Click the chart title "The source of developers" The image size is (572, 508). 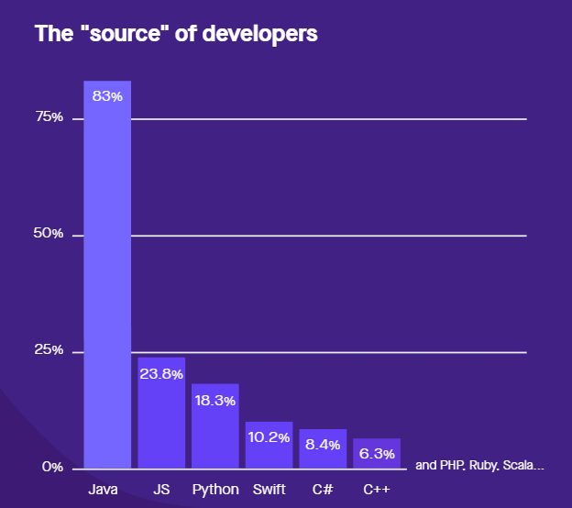pyautogui.click(x=176, y=34)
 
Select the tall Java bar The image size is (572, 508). pyautogui.click(x=107, y=275)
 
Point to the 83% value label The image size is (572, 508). pyautogui.click(x=107, y=96)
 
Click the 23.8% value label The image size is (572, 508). pyautogui.click(x=161, y=373)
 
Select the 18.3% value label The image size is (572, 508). pyautogui.click(x=215, y=400)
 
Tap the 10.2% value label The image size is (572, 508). pyautogui.click(x=269, y=436)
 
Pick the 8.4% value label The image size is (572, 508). pyautogui.click(x=323, y=445)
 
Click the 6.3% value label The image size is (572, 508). pyautogui.click(x=377, y=453)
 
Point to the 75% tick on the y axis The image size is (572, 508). pyautogui.click(x=49, y=117)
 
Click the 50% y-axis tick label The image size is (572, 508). pyautogui.click(x=49, y=234)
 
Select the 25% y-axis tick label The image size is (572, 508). pyautogui.click(x=49, y=350)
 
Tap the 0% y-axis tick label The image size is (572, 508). pyautogui.click(x=53, y=467)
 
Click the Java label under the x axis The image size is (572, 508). pyautogui.click(x=104, y=489)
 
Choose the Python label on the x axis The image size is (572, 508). pyautogui.click(x=215, y=489)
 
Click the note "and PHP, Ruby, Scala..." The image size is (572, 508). pyautogui.click(x=479, y=466)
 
